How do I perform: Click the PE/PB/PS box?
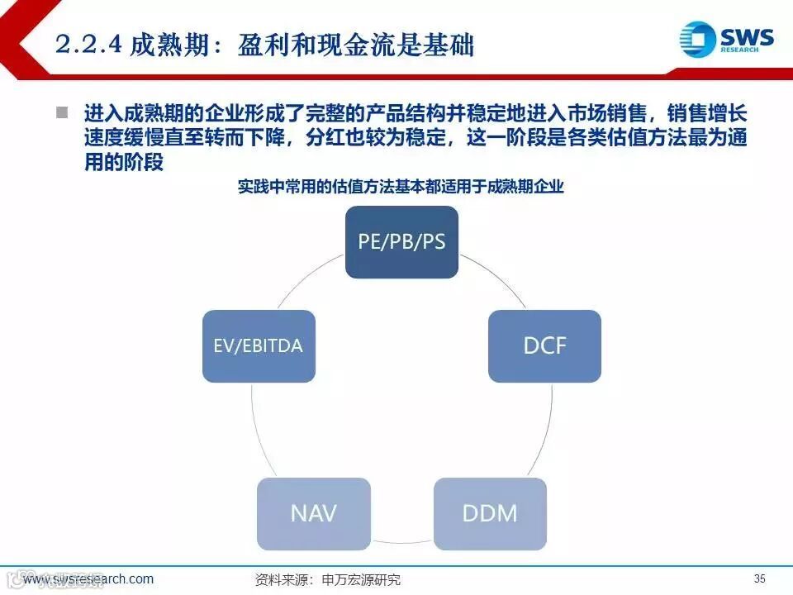pyautogui.click(x=401, y=241)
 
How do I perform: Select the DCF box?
pyautogui.click(x=544, y=345)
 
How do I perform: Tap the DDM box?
pyautogui.click(x=490, y=513)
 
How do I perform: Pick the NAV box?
pyautogui.click(x=314, y=513)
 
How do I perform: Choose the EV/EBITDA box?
pyautogui.click(x=259, y=345)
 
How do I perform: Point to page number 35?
pyautogui.click(x=760, y=578)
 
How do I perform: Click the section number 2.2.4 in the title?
pyautogui.click(x=88, y=44)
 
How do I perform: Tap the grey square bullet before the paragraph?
pyautogui.click(x=61, y=112)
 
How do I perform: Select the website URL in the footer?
pyautogui.click(x=88, y=579)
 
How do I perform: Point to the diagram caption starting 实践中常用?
pyautogui.click(x=401, y=187)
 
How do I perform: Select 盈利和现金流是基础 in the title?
pyautogui.click(x=355, y=44)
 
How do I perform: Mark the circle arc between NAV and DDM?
pyautogui.click(x=402, y=542)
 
